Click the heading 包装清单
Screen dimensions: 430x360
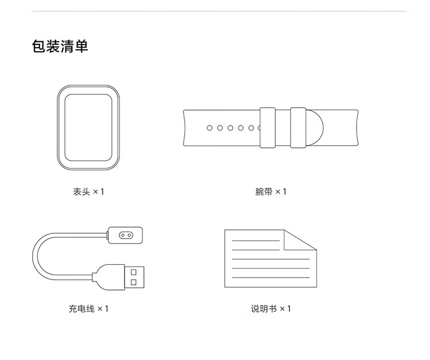point(60,46)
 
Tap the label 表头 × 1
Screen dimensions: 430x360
point(88,191)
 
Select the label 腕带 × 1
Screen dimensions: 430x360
point(271,191)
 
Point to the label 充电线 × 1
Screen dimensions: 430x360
point(88,309)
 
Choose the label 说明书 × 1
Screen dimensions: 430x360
point(271,309)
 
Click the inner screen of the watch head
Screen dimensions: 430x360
point(88,127)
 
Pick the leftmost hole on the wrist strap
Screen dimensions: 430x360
point(210,128)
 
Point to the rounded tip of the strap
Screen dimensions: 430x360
point(317,127)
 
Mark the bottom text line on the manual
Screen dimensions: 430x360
point(269,277)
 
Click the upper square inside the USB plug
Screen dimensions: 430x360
point(134,272)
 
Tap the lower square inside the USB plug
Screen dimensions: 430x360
point(134,283)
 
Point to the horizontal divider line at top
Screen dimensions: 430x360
point(215,11)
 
